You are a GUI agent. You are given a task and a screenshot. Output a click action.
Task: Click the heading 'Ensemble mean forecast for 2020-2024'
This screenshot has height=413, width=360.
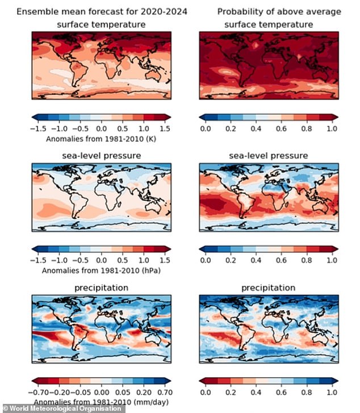[x=101, y=12]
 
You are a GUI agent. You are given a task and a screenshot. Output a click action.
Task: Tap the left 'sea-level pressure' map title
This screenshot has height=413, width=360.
[x=101, y=155]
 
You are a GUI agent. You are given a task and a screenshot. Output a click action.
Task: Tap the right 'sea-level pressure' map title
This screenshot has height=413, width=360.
[x=269, y=155]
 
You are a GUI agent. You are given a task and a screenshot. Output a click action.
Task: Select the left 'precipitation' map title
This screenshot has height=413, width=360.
[x=101, y=288]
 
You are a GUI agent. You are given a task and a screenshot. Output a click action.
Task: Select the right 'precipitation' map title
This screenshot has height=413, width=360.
[x=269, y=288]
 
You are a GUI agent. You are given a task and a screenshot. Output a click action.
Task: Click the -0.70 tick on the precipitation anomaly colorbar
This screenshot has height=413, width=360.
[x=41, y=393]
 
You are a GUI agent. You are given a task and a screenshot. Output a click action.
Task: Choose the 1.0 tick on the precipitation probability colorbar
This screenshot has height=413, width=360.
[x=332, y=393]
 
